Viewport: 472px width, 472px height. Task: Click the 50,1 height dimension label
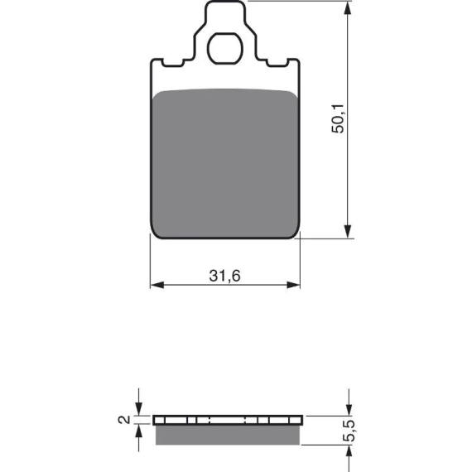(x=338, y=118)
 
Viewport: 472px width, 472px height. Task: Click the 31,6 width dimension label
(x=225, y=276)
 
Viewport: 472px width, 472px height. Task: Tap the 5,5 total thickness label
(x=349, y=431)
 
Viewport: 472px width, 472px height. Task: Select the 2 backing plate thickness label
(x=124, y=420)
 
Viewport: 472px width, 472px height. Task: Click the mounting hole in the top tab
(x=224, y=49)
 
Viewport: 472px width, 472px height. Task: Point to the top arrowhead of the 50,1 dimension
(x=348, y=7)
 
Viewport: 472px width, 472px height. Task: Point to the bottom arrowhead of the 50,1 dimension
(x=348, y=232)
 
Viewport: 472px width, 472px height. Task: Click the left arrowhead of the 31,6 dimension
(x=157, y=285)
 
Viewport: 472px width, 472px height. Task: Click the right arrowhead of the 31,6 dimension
(x=293, y=285)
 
